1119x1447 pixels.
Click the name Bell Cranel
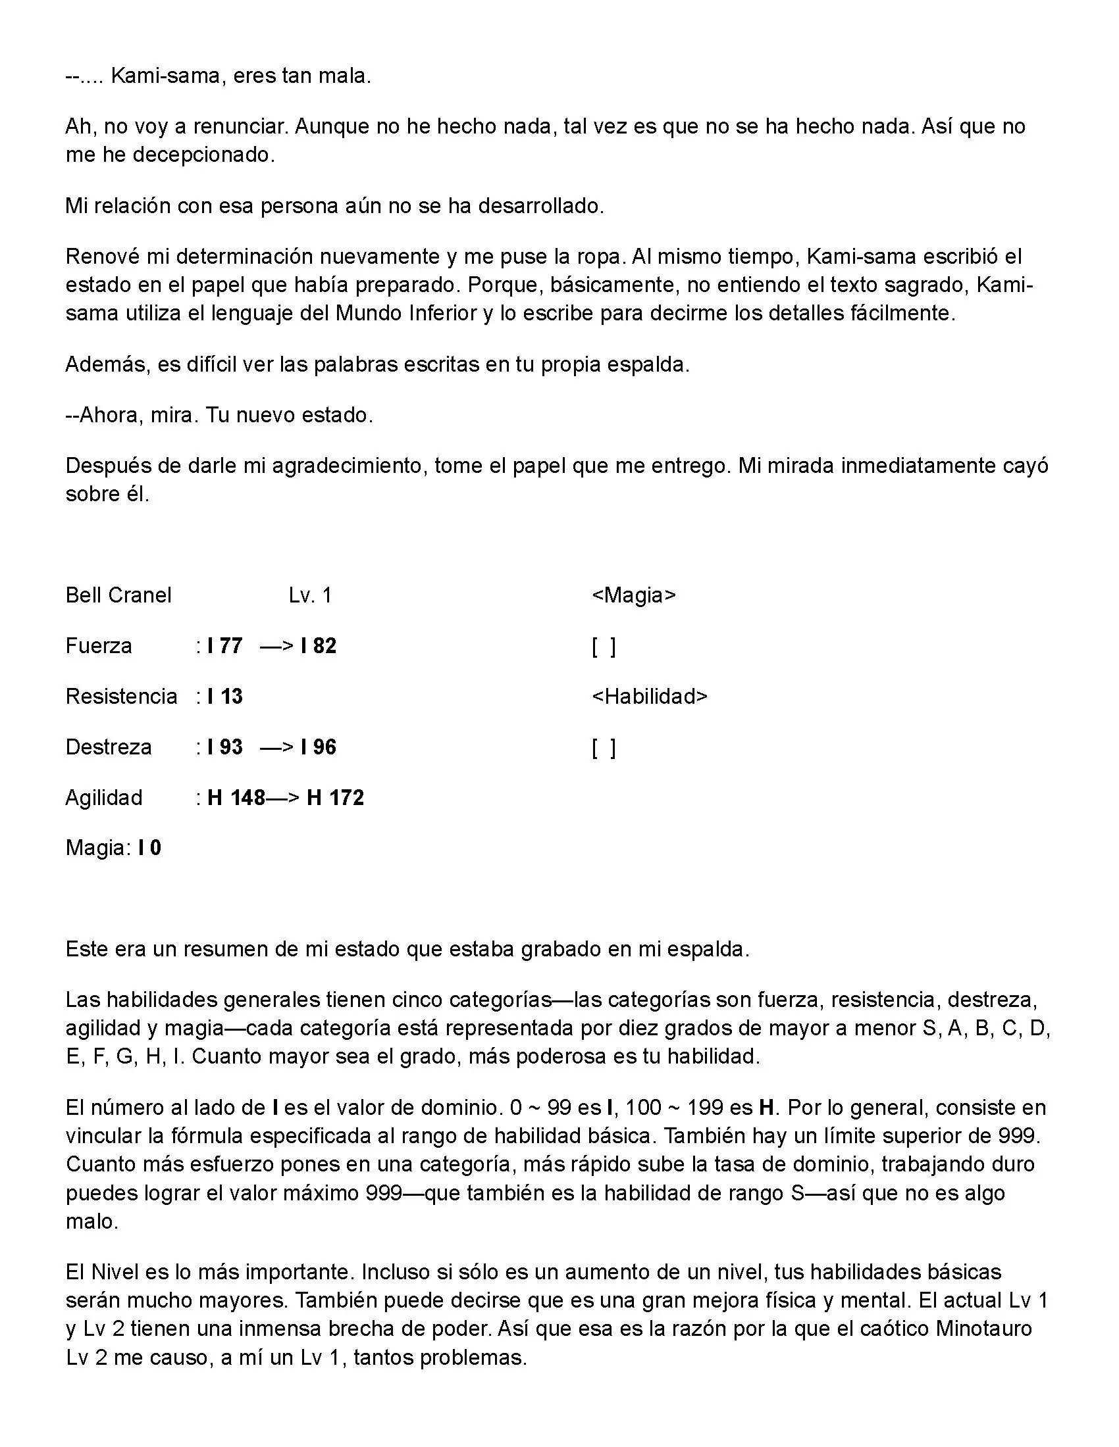coord(118,595)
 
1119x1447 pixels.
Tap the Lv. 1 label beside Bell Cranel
coord(310,595)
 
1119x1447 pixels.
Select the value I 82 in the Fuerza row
coord(318,645)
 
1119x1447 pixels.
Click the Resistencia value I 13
coord(224,697)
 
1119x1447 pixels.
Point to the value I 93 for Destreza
coord(224,747)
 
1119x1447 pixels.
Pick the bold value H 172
coord(336,797)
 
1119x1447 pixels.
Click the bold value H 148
coord(236,797)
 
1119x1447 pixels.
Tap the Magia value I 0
coord(150,847)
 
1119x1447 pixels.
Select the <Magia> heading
coord(634,595)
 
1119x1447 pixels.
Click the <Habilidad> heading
coord(650,697)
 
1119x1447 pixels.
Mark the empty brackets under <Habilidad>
coord(604,748)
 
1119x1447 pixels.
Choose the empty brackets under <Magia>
coord(604,647)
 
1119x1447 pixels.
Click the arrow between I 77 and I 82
coord(276,645)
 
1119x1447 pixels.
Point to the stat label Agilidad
coord(103,797)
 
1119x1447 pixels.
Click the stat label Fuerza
coord(99,645)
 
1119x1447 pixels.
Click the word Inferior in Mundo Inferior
coord(443,312)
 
